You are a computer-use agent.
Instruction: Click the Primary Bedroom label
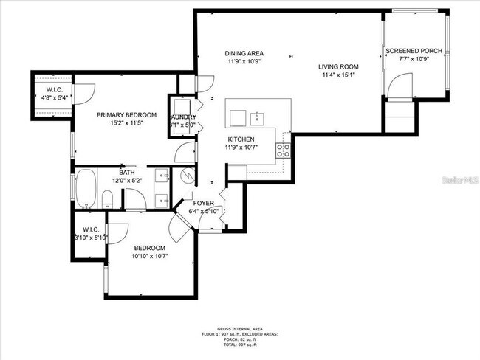126,115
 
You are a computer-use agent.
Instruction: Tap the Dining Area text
244,53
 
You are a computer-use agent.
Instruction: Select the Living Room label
340,67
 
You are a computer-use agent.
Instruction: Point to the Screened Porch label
414,51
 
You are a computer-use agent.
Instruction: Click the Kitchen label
241,139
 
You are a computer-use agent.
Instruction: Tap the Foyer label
204,203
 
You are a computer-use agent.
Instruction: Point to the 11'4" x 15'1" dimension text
340,75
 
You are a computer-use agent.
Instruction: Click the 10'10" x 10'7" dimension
150,256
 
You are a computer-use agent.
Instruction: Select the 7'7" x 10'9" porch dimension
414,59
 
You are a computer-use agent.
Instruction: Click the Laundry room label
183,117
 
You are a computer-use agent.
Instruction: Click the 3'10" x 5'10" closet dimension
91,237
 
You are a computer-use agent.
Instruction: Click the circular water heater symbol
186,176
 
